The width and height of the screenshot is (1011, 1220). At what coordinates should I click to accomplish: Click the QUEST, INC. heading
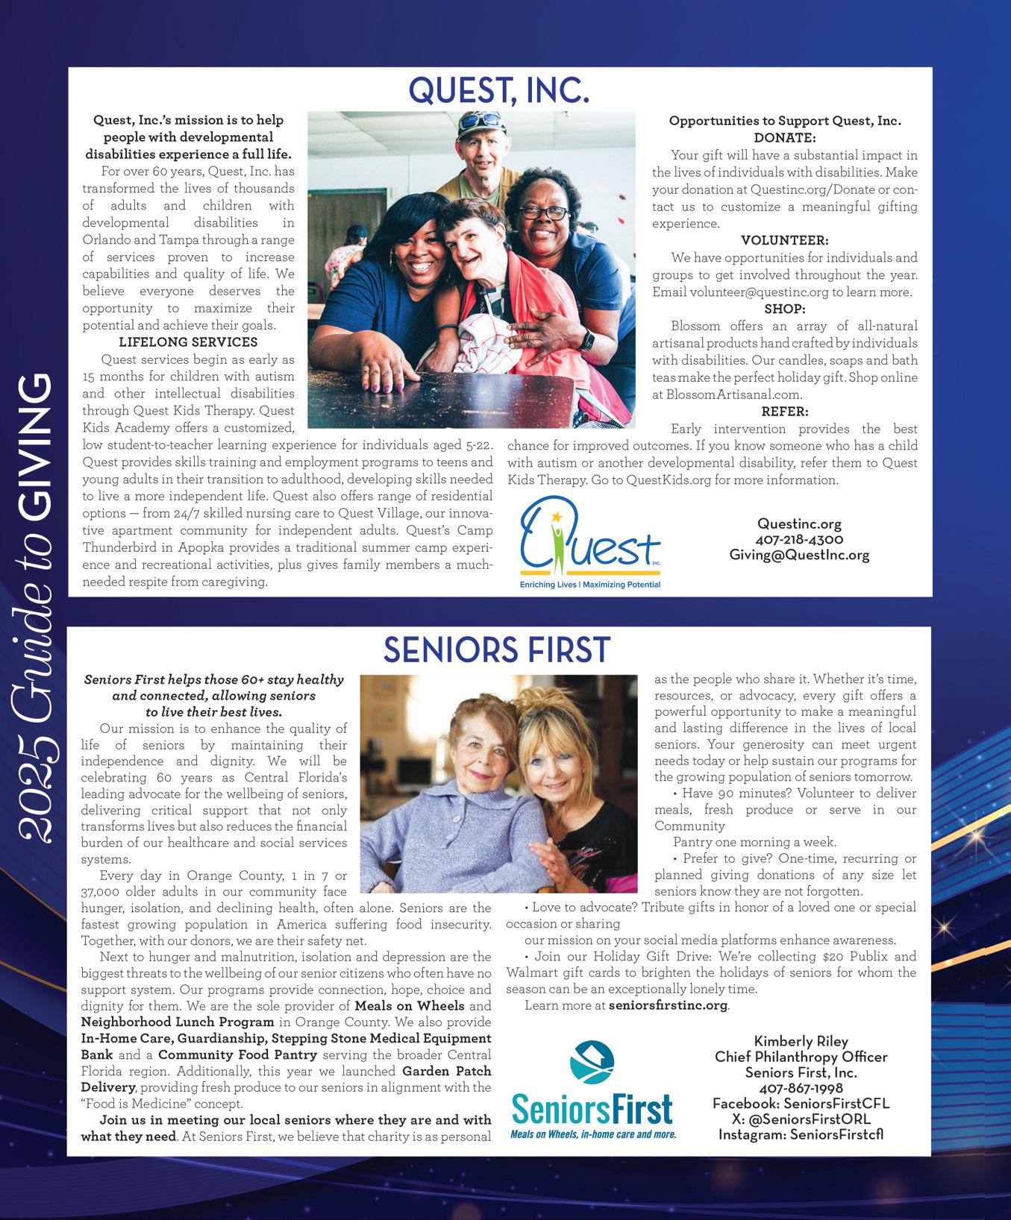pyautogui.click(x=499, y=90)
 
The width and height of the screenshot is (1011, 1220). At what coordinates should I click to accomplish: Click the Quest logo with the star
pyautogui.click(x=589, y=538)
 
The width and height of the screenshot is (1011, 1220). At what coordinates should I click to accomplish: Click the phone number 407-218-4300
pyautogui.click(x=799, y=539)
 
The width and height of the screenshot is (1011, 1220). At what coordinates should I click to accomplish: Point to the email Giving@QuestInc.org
pyautogui.click(x=799, y=555)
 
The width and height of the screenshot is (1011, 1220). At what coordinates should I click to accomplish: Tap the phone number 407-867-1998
pyautogui.click(x=801, y=1088)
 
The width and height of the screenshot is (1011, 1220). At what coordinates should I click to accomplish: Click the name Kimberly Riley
pyautogui.click(x=801, y=1041)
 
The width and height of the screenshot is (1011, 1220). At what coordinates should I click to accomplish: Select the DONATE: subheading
pyautogui.click(x=784, y=138)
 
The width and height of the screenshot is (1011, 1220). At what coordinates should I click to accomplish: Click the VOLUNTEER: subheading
pyautogui.click(x=784, y=240)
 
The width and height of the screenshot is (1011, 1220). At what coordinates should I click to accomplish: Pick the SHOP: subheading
pyautogui.click(x=784, y=309)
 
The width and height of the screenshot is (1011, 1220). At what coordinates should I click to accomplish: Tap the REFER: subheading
pyautogui.click(x=784, y=412)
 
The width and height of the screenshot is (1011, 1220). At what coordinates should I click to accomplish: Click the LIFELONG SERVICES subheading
pyautogui.click(x=188, y=342)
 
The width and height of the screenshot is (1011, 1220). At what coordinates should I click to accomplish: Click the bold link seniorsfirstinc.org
pyautogui.click(x=668, y=1005)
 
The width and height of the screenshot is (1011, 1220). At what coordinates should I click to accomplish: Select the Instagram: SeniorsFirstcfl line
pyautogui.click(x=801, y=1135)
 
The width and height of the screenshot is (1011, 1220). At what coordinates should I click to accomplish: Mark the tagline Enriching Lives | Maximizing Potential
pyautogui.click(x=589, y=585)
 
